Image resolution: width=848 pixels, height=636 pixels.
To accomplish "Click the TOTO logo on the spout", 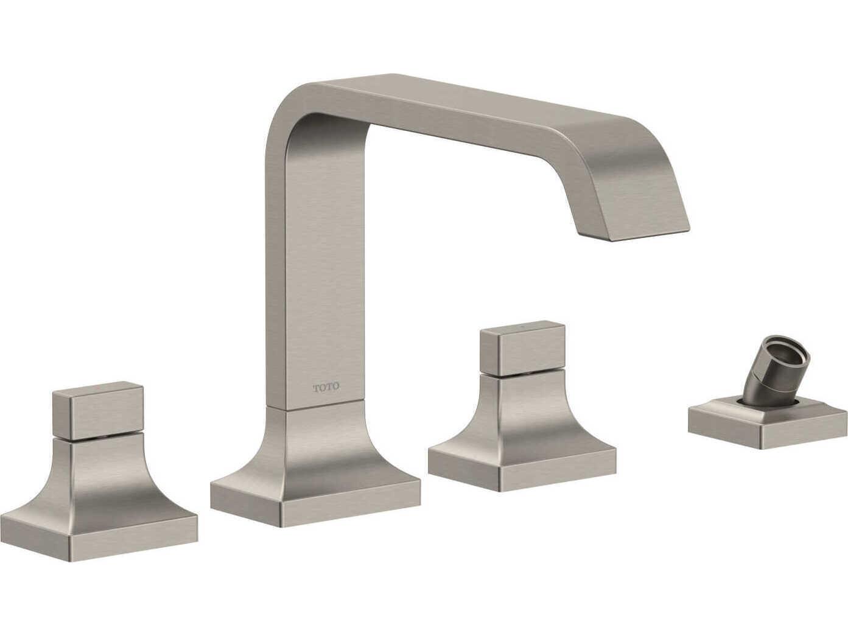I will coord(326,387).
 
